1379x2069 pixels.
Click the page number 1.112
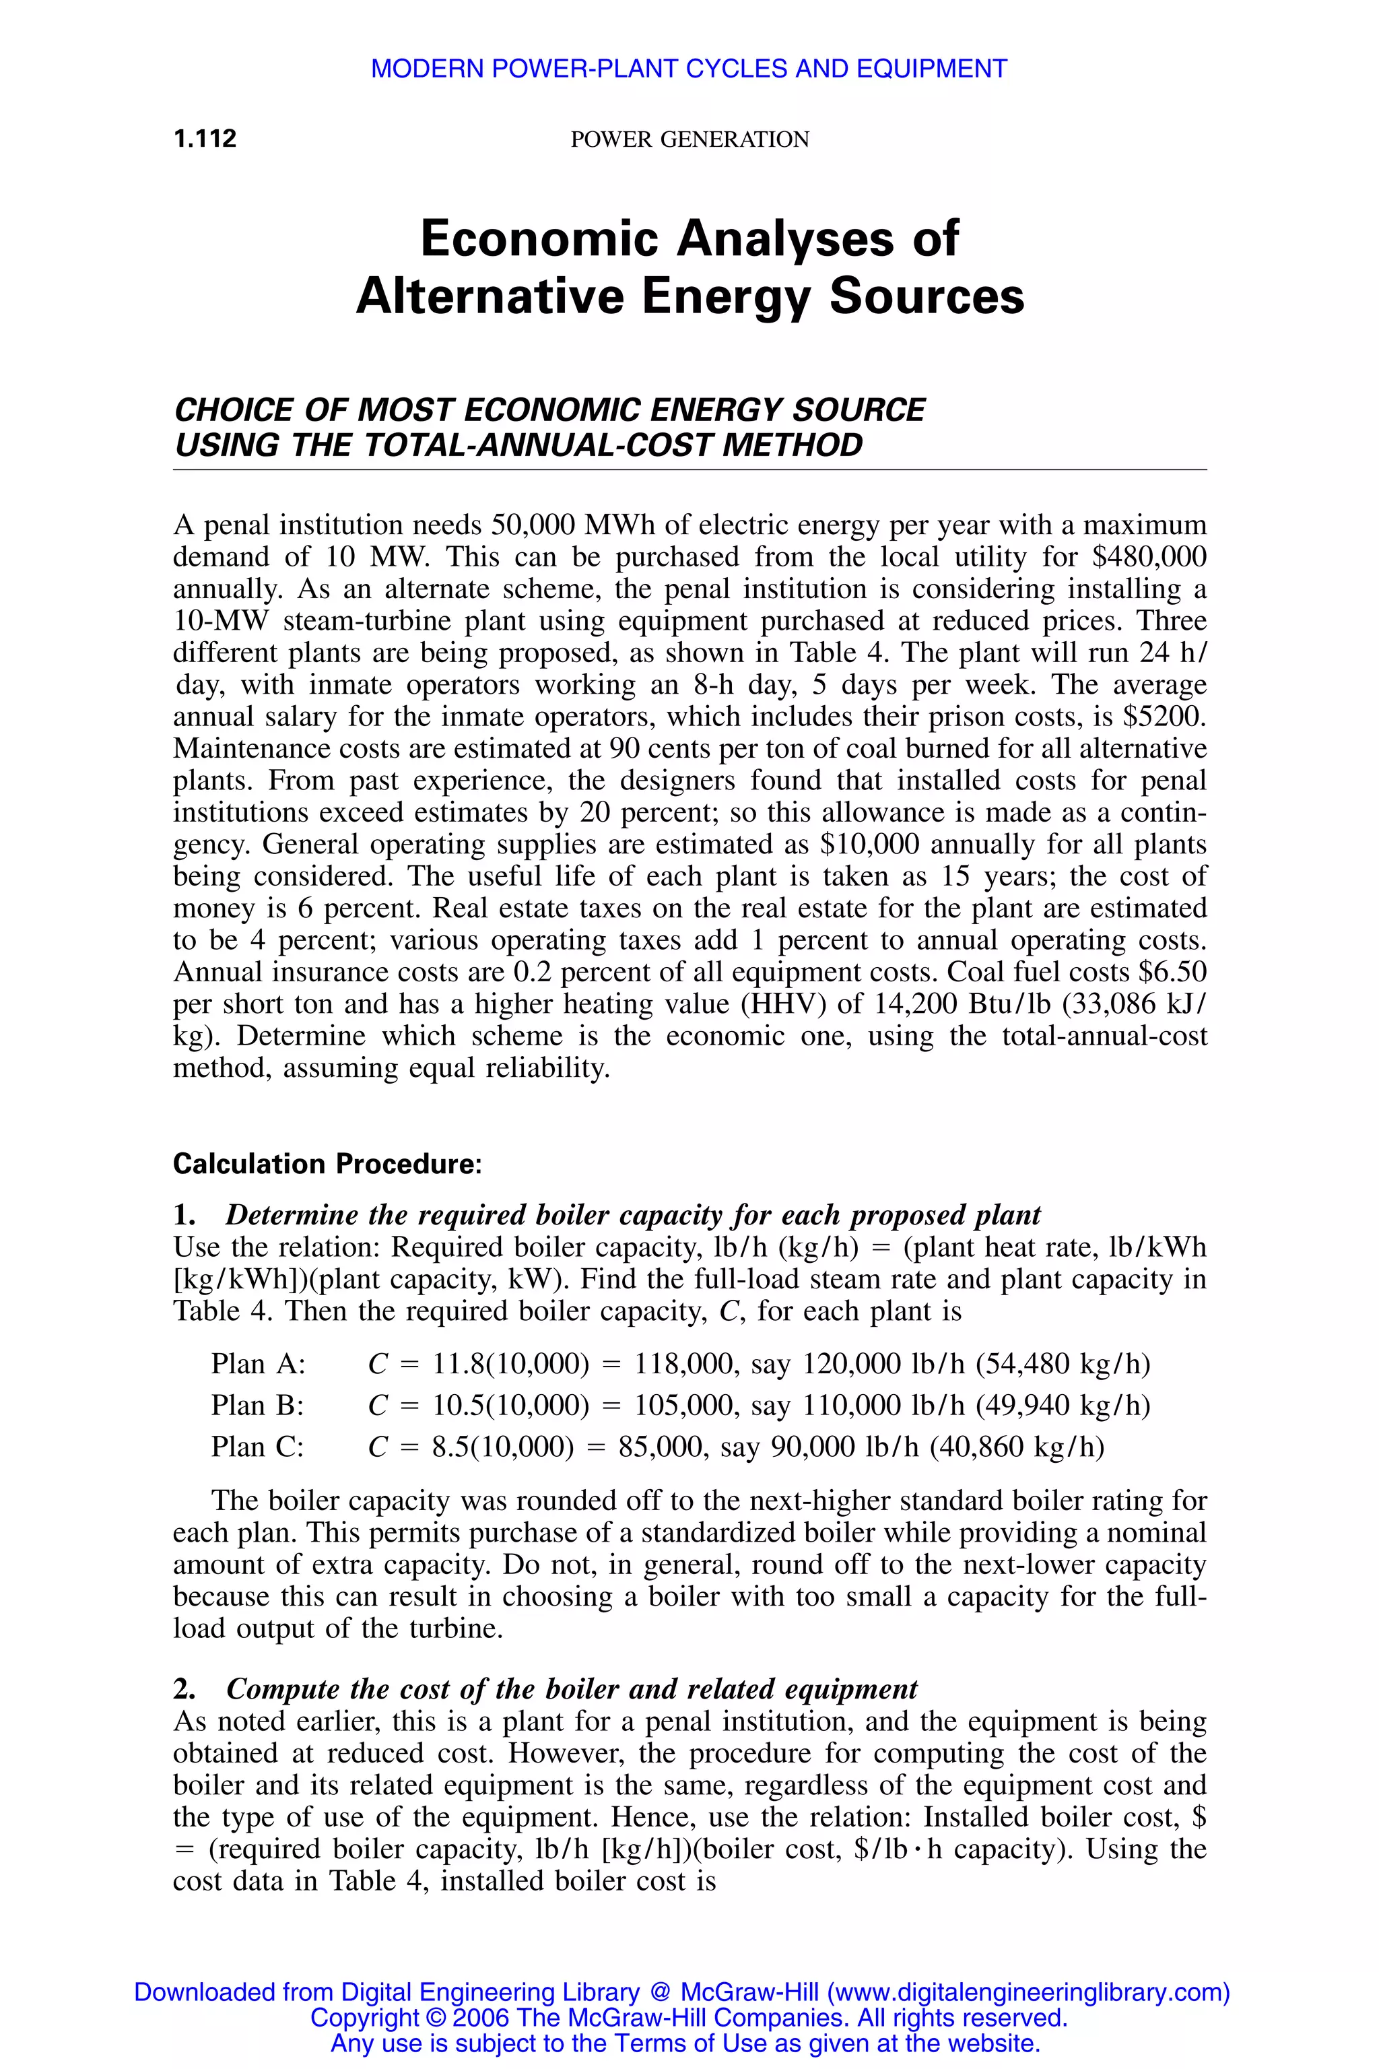(205, 139)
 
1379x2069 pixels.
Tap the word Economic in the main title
(539, 238)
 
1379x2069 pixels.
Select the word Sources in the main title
(927, 296)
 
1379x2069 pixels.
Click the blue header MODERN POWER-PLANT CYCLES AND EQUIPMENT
(689, 69)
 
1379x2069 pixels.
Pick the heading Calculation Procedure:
(327, 1164)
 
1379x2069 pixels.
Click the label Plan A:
(258, 1365)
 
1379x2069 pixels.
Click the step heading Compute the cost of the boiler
(572, 1689)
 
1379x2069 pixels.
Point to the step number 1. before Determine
(184, 1216)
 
